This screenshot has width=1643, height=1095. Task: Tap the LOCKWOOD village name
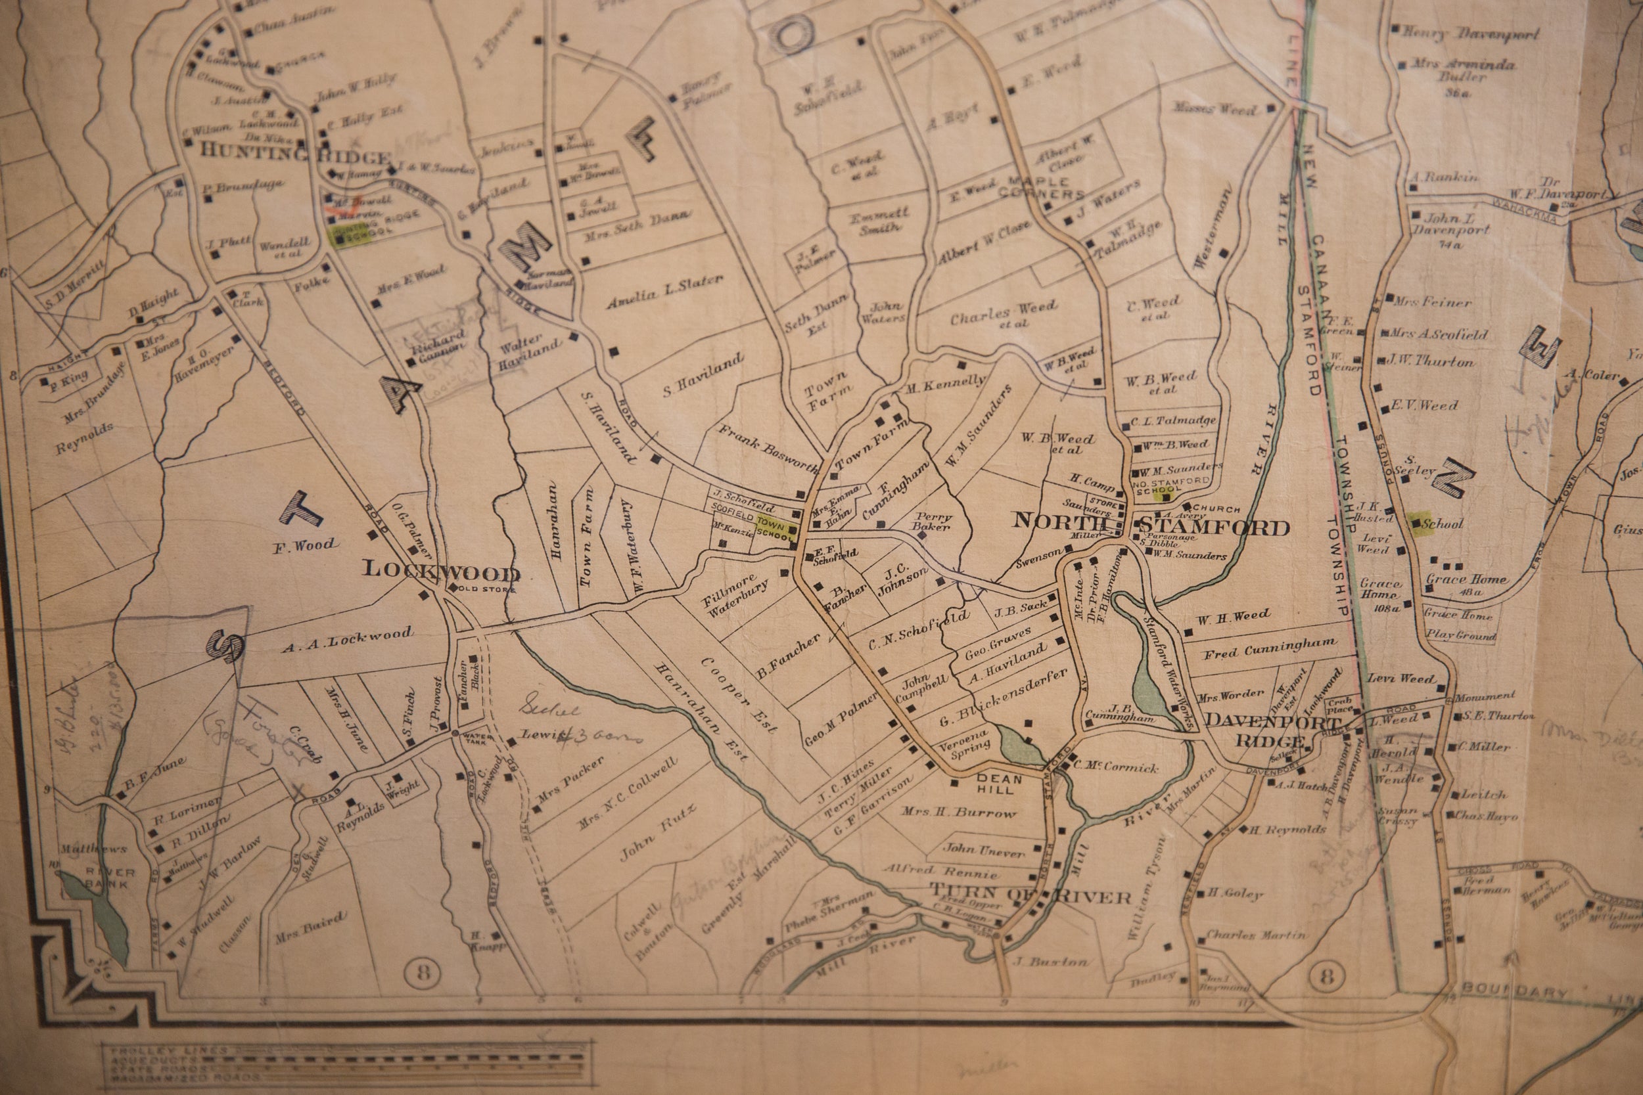coord(441,572)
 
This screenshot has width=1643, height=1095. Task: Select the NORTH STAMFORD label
coord(1151,524)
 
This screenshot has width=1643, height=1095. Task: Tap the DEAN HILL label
coord(996,784)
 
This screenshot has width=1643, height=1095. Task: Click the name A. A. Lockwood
coord(346,640)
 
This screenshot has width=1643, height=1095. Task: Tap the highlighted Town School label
coord(774,529)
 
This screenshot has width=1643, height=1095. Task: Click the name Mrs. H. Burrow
coord(958,813)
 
